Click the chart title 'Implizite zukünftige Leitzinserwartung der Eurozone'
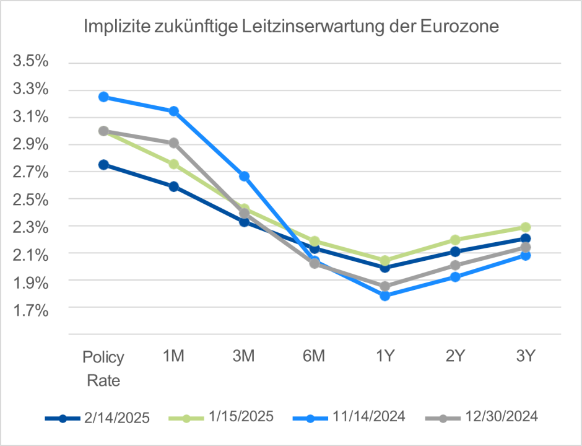coord(291,28)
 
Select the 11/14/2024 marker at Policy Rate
coord(103,97)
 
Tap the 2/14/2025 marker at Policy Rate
coord(103,165)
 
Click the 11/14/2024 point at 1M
coord(174,111)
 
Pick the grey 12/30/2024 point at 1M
coord(174,142)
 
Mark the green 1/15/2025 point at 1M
coord(174,164)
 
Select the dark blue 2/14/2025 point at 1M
coord(174,186)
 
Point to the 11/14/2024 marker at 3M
coord(244,177)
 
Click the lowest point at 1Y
coord(385,296)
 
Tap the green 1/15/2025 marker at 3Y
coord(526,227)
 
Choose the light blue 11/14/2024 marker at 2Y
coord(455,276)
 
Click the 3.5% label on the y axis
coord(30,62)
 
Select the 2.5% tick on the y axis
coord(30,199)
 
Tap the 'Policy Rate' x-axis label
coord(103,369)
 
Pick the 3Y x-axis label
coord(526,357)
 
